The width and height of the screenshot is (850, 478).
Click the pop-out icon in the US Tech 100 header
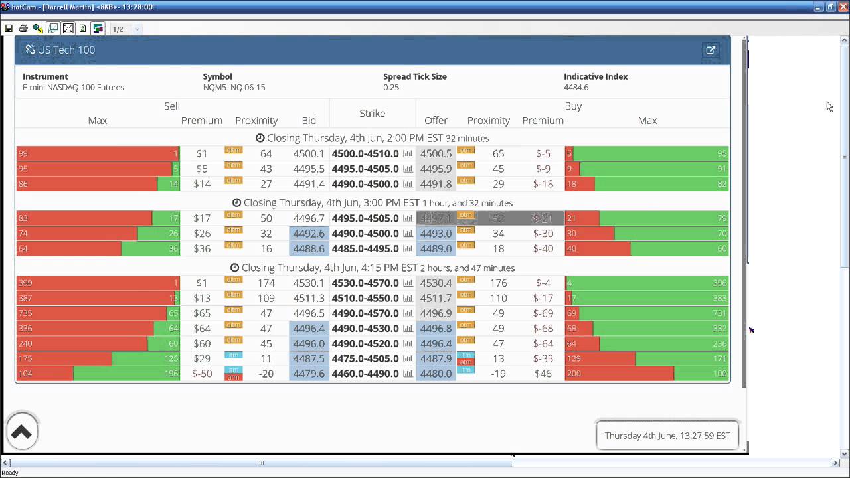click(711, 50)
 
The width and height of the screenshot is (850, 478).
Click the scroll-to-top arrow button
click(21, 432)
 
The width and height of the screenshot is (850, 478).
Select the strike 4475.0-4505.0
click(365, 358)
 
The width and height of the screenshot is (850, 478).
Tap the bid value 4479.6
click(309, 374)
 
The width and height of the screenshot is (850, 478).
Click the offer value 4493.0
click(436, 234)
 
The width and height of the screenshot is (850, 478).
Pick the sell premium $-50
click(202, 374)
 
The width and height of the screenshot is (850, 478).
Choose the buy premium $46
click(543, 374)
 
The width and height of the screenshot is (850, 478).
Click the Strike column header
click(373, 113)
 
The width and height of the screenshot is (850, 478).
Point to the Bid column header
click(309, 120)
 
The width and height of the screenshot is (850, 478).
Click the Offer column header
click(436, 120)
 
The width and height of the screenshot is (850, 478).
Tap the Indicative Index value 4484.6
click(576, 87)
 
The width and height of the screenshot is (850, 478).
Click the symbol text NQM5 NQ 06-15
click(234, 87)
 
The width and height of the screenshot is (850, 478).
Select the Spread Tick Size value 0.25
click(390, 87)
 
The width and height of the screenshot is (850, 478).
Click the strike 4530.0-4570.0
click(365, 283)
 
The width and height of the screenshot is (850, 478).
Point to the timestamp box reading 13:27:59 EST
click(667, 436)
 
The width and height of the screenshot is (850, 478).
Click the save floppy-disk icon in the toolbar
click(9, 29)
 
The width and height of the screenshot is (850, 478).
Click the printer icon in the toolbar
click(23, 29)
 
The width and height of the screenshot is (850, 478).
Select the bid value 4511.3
click(309, 298)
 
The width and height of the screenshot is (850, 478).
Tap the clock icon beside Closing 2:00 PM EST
click(260, 138)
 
